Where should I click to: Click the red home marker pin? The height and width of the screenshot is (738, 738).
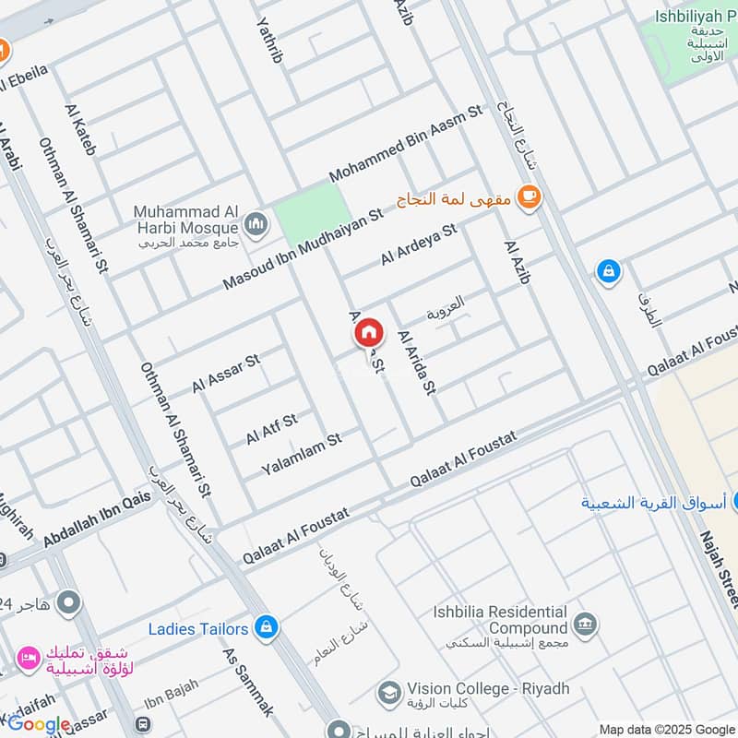[x=369, y=331]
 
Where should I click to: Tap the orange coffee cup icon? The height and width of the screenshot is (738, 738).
[x=528, y=197]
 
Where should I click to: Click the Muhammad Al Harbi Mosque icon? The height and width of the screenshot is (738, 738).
[x=256, y=223]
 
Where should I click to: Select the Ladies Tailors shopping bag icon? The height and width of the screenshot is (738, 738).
[x=266, y=628]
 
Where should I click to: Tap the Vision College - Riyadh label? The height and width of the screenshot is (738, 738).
[x=487, y=689]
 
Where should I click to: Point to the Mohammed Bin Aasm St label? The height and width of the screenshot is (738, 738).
[x=406, y=143]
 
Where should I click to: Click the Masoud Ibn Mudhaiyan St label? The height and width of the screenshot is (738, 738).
[x=303, y=250]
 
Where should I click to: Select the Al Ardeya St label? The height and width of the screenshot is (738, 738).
[x=419, y=245]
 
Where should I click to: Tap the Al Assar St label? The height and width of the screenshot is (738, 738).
[x=226, y=371]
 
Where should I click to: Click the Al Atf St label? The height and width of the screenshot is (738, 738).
[x=271, y=429]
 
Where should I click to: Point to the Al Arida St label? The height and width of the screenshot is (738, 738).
[x=415, y=363]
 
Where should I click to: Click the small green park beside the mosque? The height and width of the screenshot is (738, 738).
[x=313, y=210]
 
